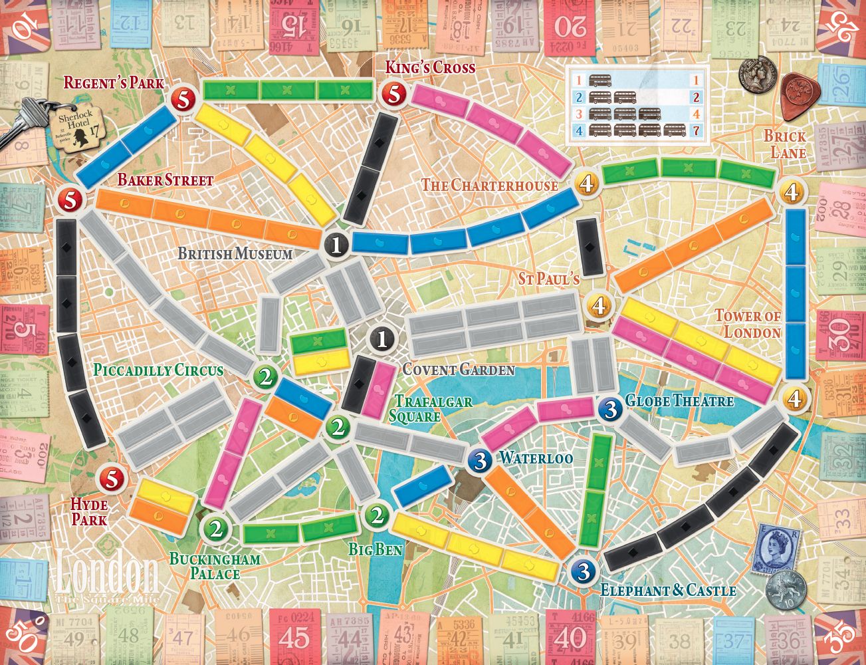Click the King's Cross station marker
click(393, 94)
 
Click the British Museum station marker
click(337, 246)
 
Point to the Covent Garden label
click(459, 370)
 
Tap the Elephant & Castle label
click(668, 591)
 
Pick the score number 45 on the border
click(294, 637)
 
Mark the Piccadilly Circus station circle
click(267, 378)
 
